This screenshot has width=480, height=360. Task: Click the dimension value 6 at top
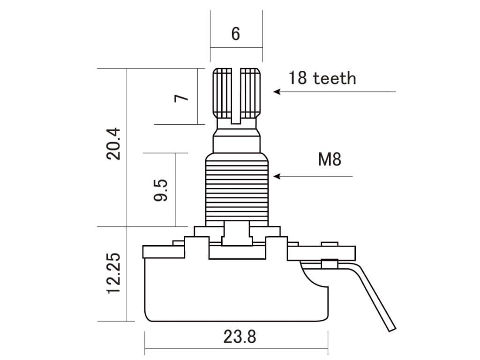[235, 34]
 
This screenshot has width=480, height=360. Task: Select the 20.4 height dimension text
[113, 143]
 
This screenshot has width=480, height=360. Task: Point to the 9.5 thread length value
[160, 189]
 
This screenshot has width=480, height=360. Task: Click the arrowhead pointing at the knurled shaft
[277, 92]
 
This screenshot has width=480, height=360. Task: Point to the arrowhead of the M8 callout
[277, 176]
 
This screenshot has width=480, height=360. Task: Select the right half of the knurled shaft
[250, 93]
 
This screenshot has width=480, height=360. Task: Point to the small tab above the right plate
[330, 244]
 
